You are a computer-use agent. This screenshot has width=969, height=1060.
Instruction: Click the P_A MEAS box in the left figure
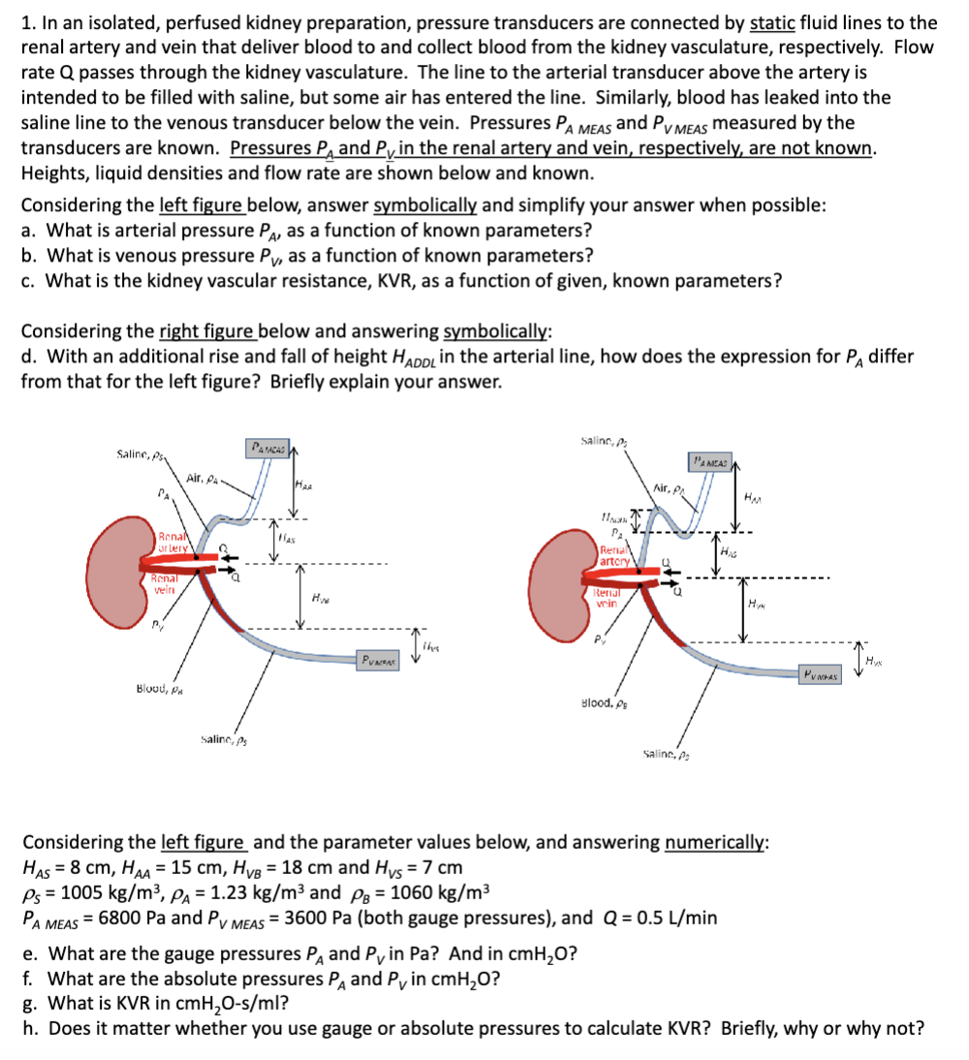pos(268,447)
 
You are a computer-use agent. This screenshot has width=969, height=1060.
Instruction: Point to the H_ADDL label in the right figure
pos(612,522)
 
